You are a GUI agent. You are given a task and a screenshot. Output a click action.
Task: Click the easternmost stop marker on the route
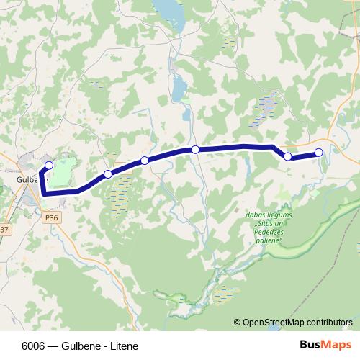click(319, 152)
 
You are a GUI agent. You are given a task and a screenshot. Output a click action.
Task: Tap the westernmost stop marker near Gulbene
click(49, 166)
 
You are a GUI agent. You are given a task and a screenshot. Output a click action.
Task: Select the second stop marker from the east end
click(287, 156)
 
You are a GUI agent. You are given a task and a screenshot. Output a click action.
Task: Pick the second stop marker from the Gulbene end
click(108, 174)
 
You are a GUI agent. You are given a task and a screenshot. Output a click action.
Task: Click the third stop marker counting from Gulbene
click(145, 160)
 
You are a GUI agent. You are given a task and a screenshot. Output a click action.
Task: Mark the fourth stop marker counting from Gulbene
click(195, 150)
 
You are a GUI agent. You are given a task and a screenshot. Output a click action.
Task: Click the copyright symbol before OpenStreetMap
click(238, 323)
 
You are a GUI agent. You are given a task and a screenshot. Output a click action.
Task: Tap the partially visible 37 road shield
click(4, 230)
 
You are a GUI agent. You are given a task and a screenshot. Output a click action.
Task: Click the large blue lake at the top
click(170, 11)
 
